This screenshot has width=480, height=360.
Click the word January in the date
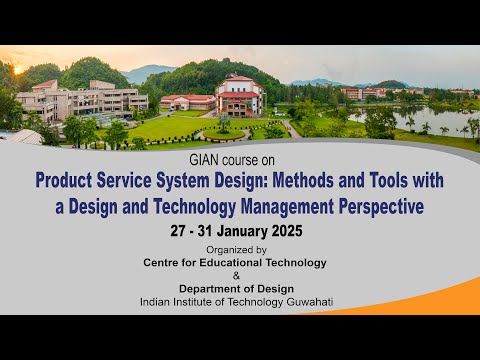point(240,231)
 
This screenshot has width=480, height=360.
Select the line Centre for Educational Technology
point(235,262)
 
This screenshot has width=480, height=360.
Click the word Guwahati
point(306,301)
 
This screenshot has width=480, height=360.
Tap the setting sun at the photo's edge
point(16,70)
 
